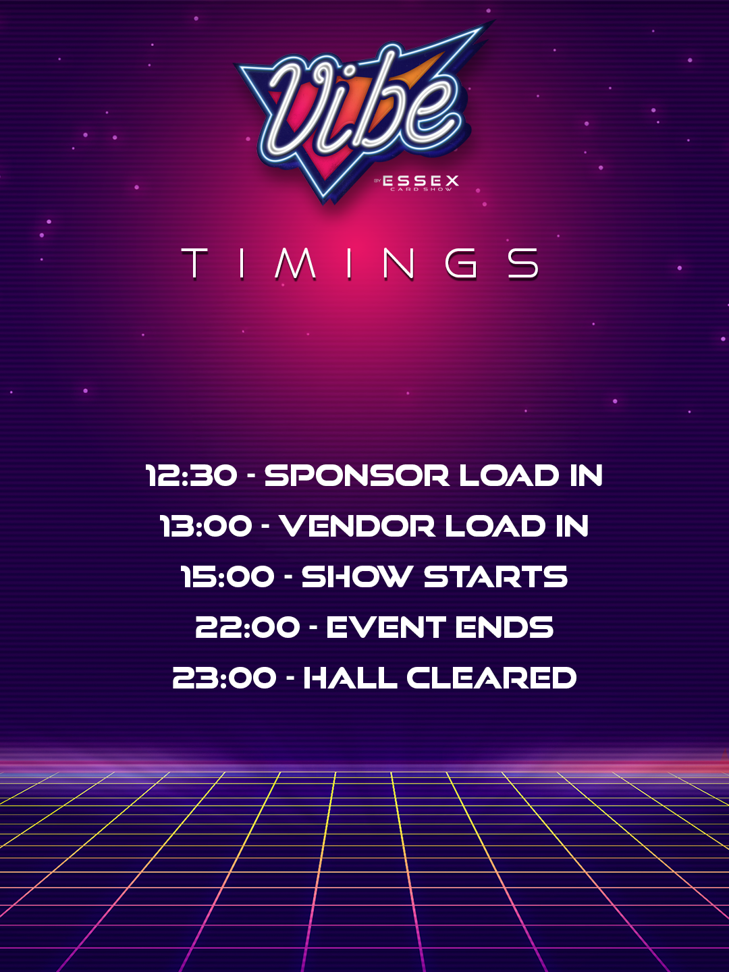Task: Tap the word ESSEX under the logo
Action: pyautogui.click(x=421, y=181)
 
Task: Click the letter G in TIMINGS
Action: pyautogui.click(x=461, y=263)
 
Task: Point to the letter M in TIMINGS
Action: pyautogui.click(x=295, y=263)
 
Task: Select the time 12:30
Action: pyautogui.click(x=191, y=476)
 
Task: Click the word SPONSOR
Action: pyautogui.click(x=357, y=476)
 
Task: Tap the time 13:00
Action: pyautogui.click(x=206, y=526)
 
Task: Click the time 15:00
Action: pyautogui.click(x=227, y=576)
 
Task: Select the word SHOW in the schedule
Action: pyautogui.click(x=356, y=576)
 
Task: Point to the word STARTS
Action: pyautogui.click(x=495, y=576)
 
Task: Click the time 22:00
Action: pyautogui.click(x=248, y=627)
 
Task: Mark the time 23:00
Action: pyautogui.click(x=224, y=678)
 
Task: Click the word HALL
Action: pyautogui.click(x=350, y=678)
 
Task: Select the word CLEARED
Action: pyautogui.click(x=491, y=678)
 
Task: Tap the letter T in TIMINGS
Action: pyautogui.click(x=195, y=263)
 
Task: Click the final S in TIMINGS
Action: pyautogui.click(x=523, y=263)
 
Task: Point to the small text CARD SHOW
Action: pyautogui.click(x=421, y=190)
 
